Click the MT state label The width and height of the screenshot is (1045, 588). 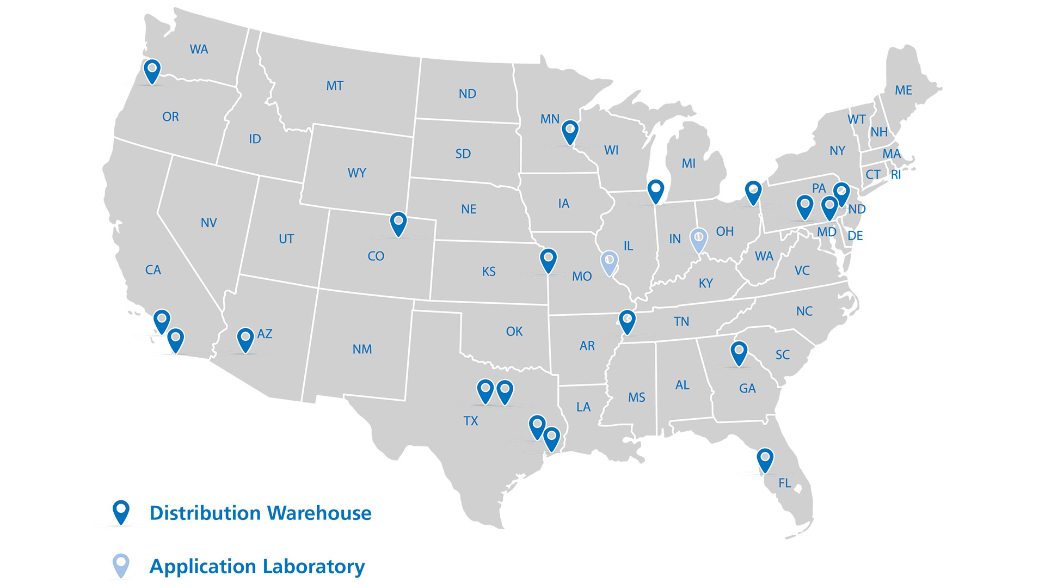click(335, 85)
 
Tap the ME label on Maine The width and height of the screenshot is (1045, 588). click(903, 90)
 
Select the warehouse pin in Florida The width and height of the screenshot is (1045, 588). click(765, 460)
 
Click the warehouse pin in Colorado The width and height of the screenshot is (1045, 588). click(398, 223)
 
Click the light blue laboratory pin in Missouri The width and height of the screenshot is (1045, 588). click(609, 262)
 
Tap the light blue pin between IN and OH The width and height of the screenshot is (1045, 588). click(698, 240)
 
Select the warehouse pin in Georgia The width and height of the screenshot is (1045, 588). click(739, 353)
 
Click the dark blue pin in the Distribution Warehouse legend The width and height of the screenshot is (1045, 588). click(121, 512)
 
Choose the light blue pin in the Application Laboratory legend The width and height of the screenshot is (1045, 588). click(121, 565)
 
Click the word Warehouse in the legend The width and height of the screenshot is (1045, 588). click(319, 513)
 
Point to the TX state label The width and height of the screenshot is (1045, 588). click(471, 421)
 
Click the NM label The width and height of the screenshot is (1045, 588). click(362, 349)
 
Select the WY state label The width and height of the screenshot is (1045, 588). click(356, 173)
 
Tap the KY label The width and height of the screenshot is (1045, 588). click(705, 283)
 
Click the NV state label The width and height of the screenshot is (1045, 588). click(208, 223)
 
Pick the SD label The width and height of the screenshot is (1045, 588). click(463, 154)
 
